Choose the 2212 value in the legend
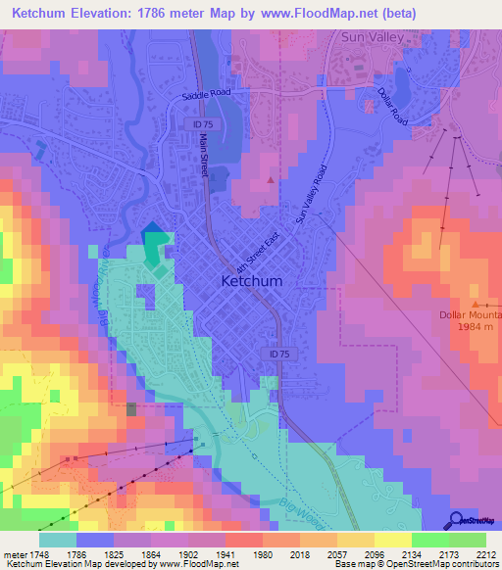pos(474,553)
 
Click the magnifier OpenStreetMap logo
pos(458,521)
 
